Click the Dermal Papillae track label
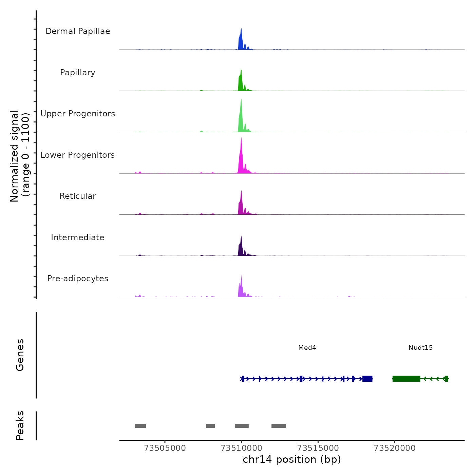[78, 31]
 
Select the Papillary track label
[78, 73]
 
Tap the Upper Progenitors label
[78, 114]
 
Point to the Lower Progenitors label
[78, 155]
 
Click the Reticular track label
[78, 196]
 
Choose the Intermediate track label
[78, 237]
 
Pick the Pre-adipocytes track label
[78, 279]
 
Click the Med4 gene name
[307, 347]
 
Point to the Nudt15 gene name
[420, 347]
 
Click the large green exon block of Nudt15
[406, 379]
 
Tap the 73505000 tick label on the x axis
[165, 448]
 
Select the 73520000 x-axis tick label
[395, 448]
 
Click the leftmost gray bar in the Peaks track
[140, 426]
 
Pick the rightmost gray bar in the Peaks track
[279, 426]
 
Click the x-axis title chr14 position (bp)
[292, 459]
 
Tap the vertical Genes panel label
[20, 355]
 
